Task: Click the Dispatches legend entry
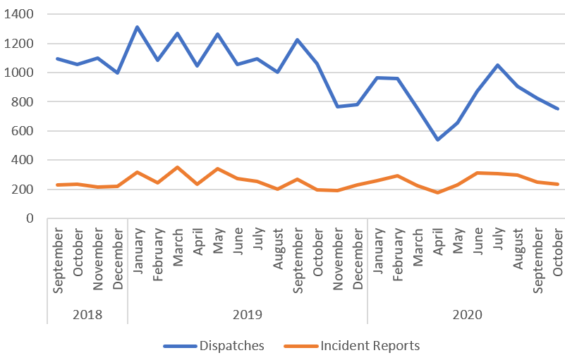[214, 345]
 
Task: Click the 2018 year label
[87, 314]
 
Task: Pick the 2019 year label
[247, 314]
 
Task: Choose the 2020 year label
[467, 314]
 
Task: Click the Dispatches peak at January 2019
[137, 27]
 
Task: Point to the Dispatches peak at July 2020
[497, 65]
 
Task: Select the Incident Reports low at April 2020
[437, 192]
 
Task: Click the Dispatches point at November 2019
[337, 106]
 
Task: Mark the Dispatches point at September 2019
[297, 39]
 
